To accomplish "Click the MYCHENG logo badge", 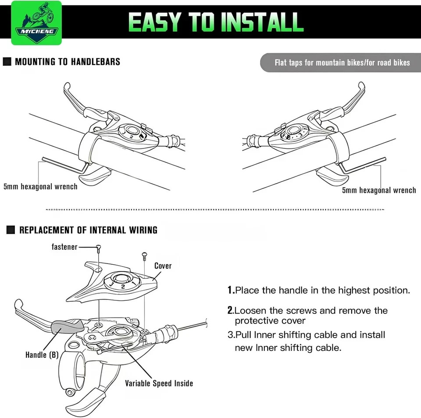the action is [x=36, y=23].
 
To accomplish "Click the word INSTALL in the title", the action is [x=263, y=22].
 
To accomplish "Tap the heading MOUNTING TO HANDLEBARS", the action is [x=68, y=62].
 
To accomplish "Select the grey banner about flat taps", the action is [x=340, y=63].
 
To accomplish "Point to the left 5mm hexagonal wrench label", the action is [x=40, y=187].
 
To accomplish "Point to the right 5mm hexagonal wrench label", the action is [x=379, y=190].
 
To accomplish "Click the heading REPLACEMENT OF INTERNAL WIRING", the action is [x=88, y=230].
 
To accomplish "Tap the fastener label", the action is [x=64, y=247].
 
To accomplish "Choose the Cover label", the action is [x=163, y=266].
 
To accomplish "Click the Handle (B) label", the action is [x=42, y=355].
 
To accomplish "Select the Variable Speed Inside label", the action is [x=159, y=383].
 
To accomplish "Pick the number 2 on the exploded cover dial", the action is [x=123, y=287].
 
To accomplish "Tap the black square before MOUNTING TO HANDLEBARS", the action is [x=7, y=61].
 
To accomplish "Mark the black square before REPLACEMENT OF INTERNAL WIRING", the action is [x=11, y=230].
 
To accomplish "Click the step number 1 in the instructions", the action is [x=230, y=290].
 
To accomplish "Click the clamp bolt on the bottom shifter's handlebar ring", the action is [x=70, y=393].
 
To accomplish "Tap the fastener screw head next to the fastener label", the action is [x=99, y=247].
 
